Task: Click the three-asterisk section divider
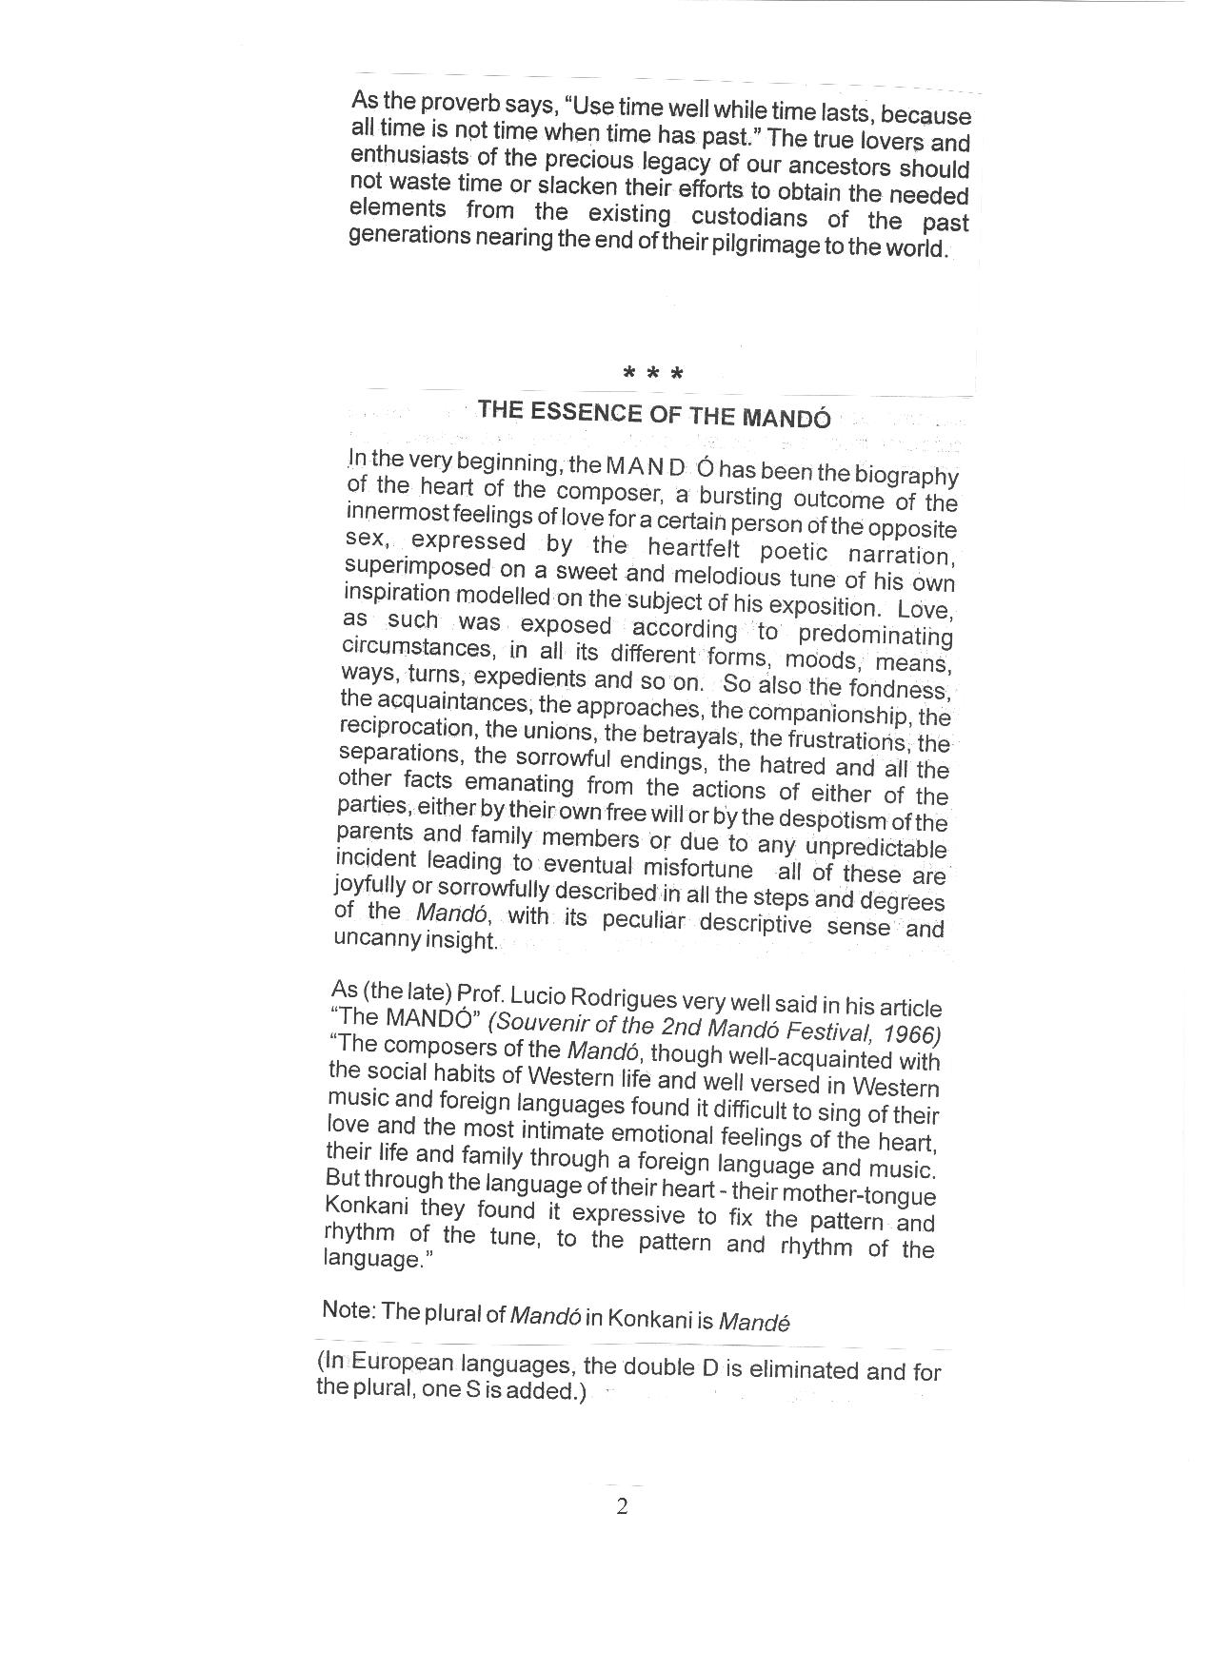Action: coord(652,374)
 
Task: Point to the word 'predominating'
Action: coord(875,634)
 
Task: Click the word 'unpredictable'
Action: coord(876,847)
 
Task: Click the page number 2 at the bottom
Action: coord(622,1506)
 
